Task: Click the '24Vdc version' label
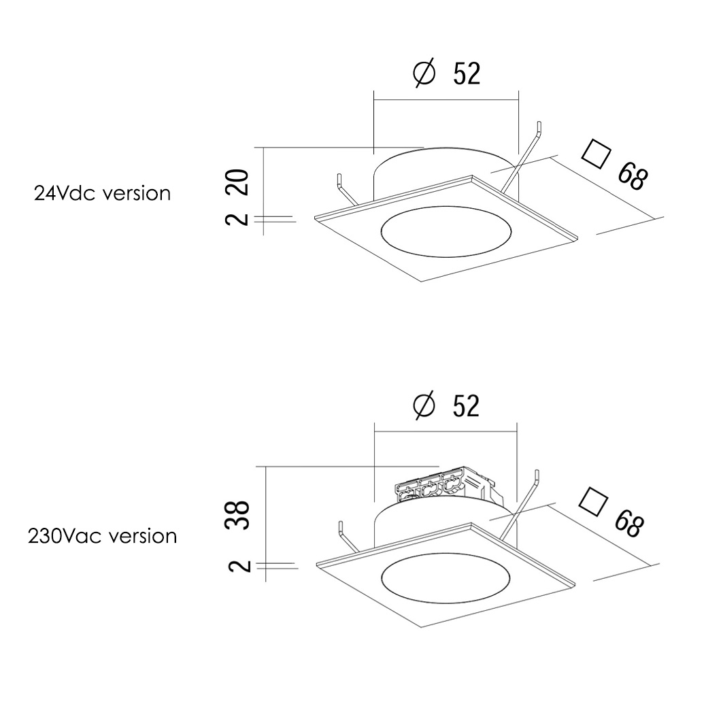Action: point(102,193)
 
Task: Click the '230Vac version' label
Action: point(102,536)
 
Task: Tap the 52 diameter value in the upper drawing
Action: point(467,73)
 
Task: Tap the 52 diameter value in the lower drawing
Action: point(466,406)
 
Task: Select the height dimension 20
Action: point(239,182)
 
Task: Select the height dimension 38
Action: point(238,514)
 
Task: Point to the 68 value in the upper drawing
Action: point(633,175)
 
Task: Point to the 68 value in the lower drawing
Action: point(629,522)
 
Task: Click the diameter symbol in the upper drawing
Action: point(424,73)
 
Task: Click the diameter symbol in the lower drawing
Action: point(424,405)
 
